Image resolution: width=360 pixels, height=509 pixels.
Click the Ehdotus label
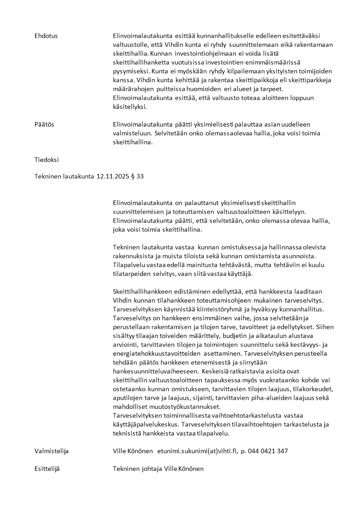[x=46, y=36]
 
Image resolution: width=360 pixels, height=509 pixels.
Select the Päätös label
[x=44, y=124]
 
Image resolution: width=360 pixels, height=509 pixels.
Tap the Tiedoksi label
[x=46, y=160]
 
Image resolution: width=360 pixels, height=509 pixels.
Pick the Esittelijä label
[x=47, y=469]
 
